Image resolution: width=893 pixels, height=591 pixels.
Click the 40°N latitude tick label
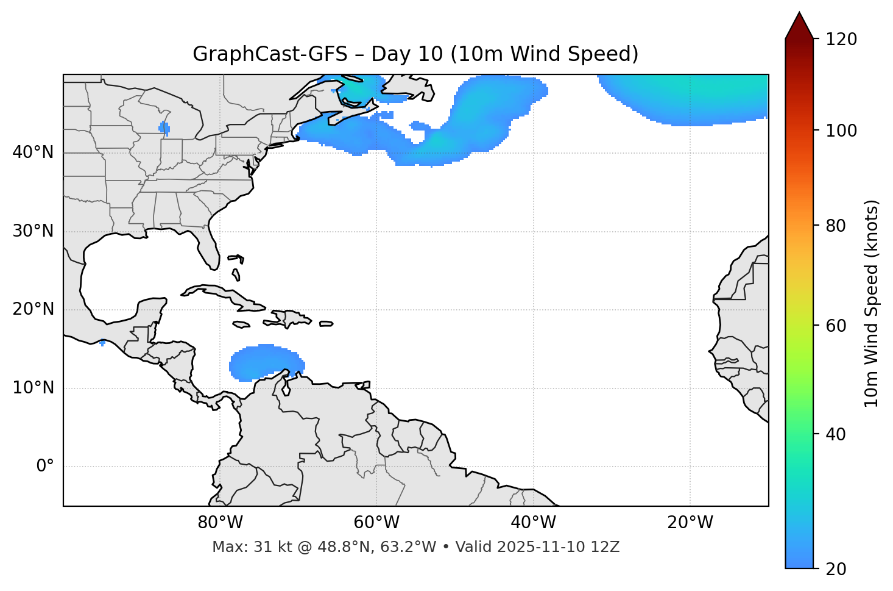point(33,152)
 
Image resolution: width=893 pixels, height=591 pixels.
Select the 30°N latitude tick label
point(33,231)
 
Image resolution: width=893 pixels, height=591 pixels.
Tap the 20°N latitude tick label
point(33,309)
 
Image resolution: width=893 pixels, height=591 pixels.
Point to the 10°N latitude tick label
point(33,388)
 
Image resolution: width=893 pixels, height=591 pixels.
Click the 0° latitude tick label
point(45,467)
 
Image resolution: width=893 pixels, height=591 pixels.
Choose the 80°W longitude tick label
point(220,523)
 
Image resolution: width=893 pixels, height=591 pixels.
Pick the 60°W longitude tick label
point(376,523)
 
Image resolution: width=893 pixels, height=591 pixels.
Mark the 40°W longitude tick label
point(533,523)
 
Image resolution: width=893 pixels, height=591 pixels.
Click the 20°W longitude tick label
point(690,523)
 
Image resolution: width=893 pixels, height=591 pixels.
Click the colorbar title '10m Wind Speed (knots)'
point(872,304)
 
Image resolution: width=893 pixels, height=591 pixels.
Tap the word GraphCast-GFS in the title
point(270,54)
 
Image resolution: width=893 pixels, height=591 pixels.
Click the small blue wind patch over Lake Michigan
point(164,128)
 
